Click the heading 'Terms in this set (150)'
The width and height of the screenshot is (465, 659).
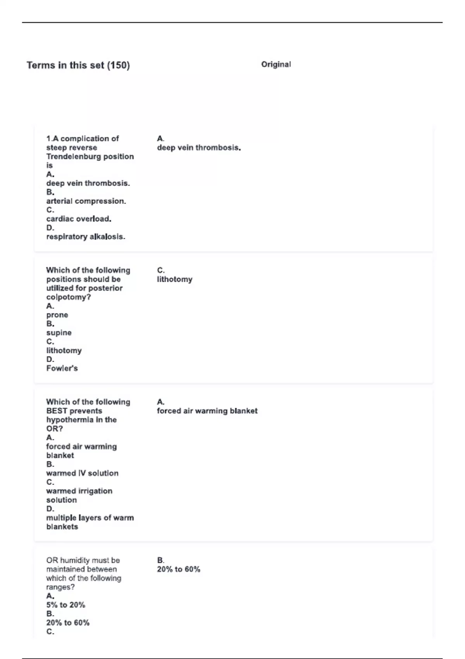pyautogui.click(x=78, y=65)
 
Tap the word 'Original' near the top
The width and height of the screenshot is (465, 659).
pyautogui.click(x=276, y=64)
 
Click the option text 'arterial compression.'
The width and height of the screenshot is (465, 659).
pyautogui.click(x=86, y=201)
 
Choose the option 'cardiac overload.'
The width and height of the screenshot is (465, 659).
pyautogui.click(x=79, y=219)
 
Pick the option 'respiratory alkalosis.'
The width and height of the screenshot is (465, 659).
pyautogui.click(x=86, y=237)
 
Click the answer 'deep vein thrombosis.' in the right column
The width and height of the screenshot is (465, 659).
pyautogui.click(x=199, y=148)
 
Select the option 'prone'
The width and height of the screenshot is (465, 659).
pyautogui.click(x=57, y=315)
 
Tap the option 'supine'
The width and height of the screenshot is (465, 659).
pyautogui.click(x=59, y=333)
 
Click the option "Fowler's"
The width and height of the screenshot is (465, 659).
pyautogui.click(x=62, y=369)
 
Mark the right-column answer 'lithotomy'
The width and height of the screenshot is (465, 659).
pyautogui.click(x=174, y=279)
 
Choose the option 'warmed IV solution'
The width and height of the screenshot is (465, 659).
pyautogui.click(x=82, y=473)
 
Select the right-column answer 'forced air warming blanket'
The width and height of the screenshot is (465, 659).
pyautogui.click(x=207, y=411)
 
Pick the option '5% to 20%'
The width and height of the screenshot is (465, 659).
pyautogui.click(x=65, y=605)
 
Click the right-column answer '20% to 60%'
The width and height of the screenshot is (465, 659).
pyautogui.click(x=179, y=569)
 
